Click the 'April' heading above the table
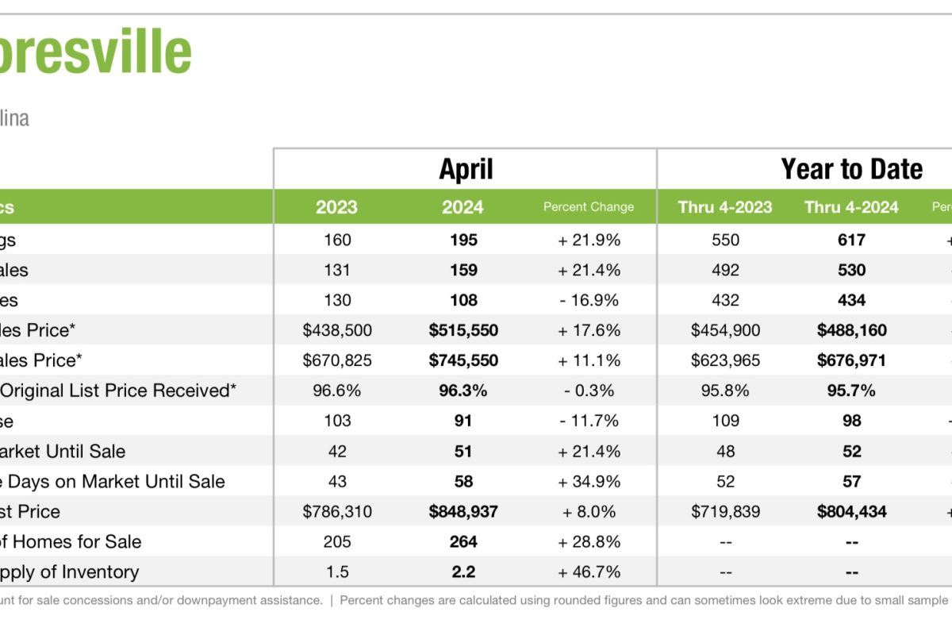pyautogui.click(x=466, y=169)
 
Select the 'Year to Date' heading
pyautogui.click(x=851, y=169)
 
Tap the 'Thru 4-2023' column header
pyautogui.click(x=725, y=207)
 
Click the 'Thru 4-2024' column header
pyautogui.click(x=851, y=207)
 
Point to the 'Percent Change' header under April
pyautogui.click(x=588, y=207)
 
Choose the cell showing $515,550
pyautogui.click(x=463, y=330)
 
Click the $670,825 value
pyautogui.click(x=337, y=360)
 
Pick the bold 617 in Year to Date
pyautogui.click(x=851, y=240)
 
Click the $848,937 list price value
pyautogui.click(x=463, y=511)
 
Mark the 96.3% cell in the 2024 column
pyautogui.click(x=463, y=391)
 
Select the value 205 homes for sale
pyautogui.click(x=337, y=541)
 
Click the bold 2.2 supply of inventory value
pyautogui.click(x=463, y=571)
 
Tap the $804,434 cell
pyautogui.click(x=851, y=511)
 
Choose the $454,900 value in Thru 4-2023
pyautogui.click(x=725, y=330)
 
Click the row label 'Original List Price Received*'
pyautogui.click(x=119, y=391)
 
